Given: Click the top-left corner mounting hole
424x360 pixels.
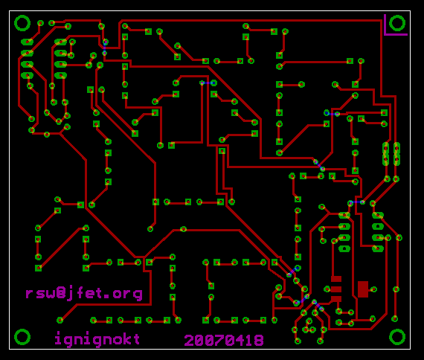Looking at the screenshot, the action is click(22, 23).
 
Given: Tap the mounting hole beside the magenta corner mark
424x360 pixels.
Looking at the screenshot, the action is click(397, 23).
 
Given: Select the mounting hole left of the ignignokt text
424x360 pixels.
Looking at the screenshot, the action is click(22, 337).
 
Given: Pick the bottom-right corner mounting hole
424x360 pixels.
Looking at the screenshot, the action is click(397, 337).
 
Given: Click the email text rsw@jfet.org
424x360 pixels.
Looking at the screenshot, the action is click(84, 293).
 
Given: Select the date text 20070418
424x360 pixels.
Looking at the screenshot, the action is click(224, 340).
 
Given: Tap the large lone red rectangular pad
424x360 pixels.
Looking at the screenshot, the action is click(363, 289).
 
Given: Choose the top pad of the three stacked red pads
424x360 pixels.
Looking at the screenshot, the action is click(336, 279).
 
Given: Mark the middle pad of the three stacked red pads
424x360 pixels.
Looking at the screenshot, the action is click(336, 289).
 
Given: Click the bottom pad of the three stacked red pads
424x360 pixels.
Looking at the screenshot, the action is click(336, 299).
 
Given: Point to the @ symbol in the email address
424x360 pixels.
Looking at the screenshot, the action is click(62, 292).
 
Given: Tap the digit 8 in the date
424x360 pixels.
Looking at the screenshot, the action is click(259, 340).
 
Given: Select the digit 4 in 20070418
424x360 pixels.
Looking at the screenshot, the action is click(239, 340).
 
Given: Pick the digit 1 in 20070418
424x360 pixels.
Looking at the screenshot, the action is click(249, 340).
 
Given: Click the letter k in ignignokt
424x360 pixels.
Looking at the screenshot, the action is click(126, 338).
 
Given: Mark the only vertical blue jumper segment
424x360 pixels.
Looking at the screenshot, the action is click(105, 48).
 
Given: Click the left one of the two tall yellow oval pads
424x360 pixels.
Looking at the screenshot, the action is click(386, 154).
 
